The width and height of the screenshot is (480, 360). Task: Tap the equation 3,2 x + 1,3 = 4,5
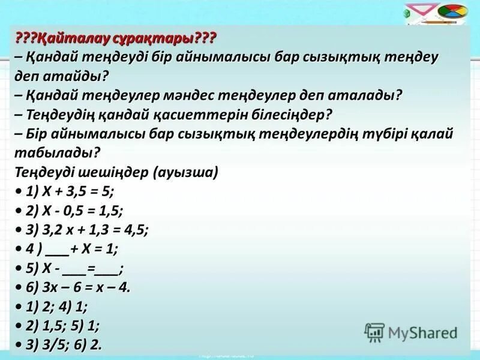tap(97, 230)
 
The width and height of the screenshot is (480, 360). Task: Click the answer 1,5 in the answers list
tap(56, 326)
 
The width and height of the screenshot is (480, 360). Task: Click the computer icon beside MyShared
tap(374, 332)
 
